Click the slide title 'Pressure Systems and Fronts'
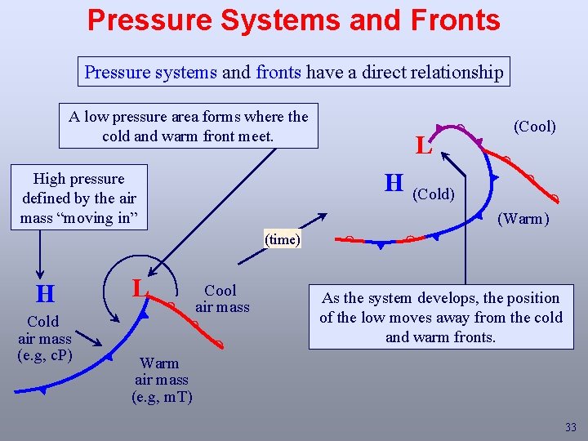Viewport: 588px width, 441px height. click(294, 20)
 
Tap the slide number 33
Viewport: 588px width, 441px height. click(570, 427)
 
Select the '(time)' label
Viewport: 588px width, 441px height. click(283, 239)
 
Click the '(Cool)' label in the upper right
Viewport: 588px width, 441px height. click(535, 127)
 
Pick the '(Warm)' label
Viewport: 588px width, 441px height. click(523, 219)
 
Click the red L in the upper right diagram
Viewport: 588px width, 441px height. click(422, 146)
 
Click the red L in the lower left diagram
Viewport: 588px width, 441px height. click(140, 287)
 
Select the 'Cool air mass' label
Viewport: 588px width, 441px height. click(221, 298)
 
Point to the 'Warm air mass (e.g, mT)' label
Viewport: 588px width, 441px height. click(162, 380)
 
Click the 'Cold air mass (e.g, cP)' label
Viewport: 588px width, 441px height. click(45, 338)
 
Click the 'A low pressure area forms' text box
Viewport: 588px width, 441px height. click(189, 126)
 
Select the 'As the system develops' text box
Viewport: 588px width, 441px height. click(440, 317)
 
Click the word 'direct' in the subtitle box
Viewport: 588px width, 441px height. click(382, 72)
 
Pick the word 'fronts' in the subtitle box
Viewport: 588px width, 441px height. click(278, 72)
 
